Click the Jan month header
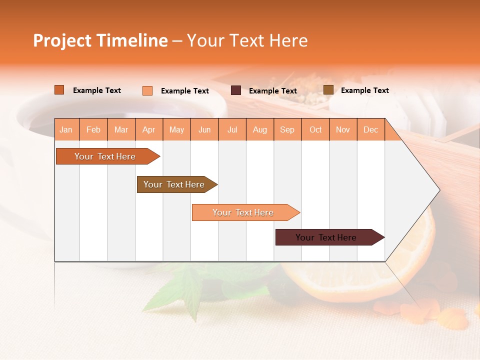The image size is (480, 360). tap(66, 130)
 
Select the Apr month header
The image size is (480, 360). tap(149, 130)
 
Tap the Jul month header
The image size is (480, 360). tap(232, 130)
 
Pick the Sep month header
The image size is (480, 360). tap(287, 130)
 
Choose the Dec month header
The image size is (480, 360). tap(370, 130)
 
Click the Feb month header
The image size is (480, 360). tap(93, 130)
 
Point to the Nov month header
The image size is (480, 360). tap(343, 130)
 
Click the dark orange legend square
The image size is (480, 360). tap(59, 90)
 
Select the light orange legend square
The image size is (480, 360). tap(147, 90)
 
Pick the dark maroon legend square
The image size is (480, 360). tap(236, 90)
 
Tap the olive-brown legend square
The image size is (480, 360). tap(328, 90)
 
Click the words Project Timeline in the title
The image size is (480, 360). tap(100, 40)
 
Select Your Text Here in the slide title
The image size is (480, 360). tap(247, 40)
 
